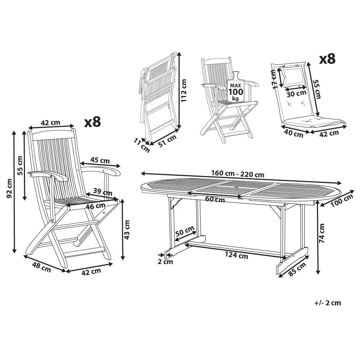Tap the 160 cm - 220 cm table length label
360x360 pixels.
coord(238,174)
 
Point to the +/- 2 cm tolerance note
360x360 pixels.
coord(328,303)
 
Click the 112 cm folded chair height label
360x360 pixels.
coord(184,91)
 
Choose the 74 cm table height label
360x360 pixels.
coord(322,233)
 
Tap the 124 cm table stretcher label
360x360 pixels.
coord(236,255)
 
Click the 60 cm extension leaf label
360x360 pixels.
coord(215,199)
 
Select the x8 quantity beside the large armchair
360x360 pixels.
coord(93,122)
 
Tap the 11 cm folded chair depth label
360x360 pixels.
coord(142,145)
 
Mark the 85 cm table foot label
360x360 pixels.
coord(297,269)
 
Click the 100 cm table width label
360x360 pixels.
coord(341,200)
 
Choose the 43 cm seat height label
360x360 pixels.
coord(127,230)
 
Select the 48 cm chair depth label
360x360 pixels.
coord(42,268)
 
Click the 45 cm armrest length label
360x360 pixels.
coord(100,160)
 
